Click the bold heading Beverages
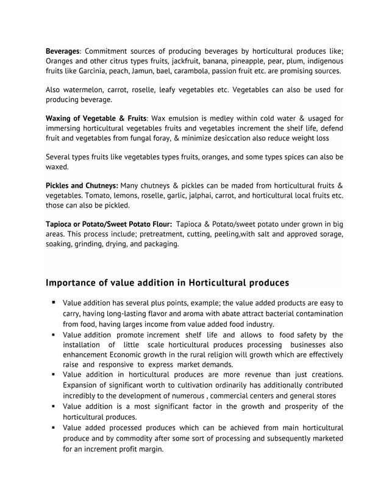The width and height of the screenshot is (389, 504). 63,50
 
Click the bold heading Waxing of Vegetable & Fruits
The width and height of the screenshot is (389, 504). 96,117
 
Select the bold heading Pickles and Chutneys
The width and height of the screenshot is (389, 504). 82,185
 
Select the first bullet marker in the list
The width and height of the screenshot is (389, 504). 54,303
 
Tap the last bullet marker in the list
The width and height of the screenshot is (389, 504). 54,428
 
